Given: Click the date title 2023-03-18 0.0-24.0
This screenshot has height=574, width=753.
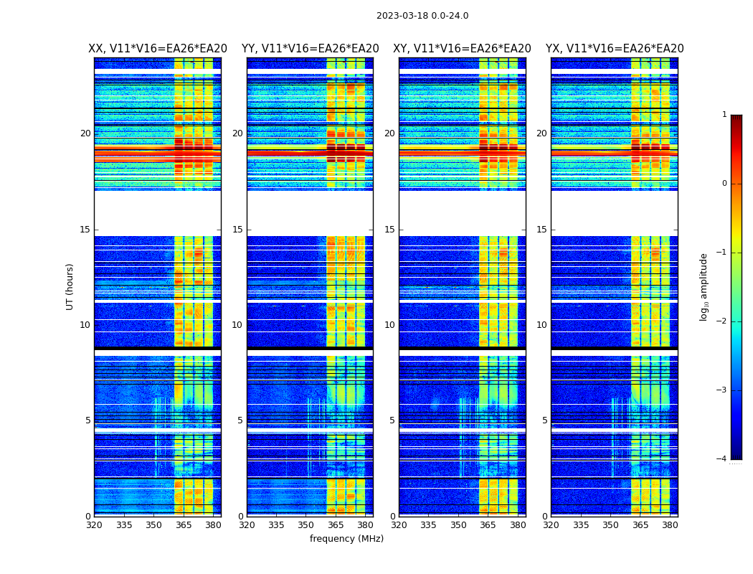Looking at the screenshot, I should [x=422, y=16].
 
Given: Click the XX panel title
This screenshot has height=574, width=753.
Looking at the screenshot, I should [x=158, y=49].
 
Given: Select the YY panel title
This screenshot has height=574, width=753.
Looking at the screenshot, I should [x=310, y=49].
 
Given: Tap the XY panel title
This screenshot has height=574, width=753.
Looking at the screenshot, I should [x=462, y=49].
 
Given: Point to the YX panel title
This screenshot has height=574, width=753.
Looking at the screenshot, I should [x=615, y=49].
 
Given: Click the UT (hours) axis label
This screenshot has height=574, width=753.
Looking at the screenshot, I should [x=70, y=286].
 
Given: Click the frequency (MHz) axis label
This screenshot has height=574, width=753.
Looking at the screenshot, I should [x=346, y=539].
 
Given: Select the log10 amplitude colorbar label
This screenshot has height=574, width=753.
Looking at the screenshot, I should [x=704, y=286].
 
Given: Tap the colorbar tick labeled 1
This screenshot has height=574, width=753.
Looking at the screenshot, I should [x=724, y=115].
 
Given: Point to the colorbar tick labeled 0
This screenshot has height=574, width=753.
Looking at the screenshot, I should [x=724, y=184].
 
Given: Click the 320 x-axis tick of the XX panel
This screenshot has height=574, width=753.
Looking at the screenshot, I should [x=94, y=525].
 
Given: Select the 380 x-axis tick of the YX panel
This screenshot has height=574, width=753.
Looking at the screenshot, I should [x=670, y=525].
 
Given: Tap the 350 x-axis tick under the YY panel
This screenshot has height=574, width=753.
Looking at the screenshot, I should [x=306, y=525].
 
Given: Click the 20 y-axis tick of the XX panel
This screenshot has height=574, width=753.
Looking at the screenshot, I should [x=85, y=133].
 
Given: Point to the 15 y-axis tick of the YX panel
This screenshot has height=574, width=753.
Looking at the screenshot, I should [x=542, y=230].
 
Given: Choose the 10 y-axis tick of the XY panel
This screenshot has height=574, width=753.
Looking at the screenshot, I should [x=390, y=325].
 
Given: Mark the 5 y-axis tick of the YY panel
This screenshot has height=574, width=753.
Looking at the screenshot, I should [x=240, y=420].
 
